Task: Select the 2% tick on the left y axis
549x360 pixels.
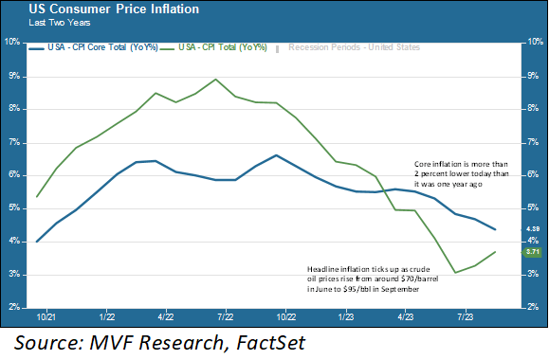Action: [14, 308]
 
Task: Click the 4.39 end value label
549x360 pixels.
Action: [532, 229]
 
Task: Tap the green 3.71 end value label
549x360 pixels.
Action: [532, 252]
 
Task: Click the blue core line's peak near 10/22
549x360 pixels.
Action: [275, 155]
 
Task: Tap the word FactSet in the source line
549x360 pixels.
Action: [279, 340]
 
